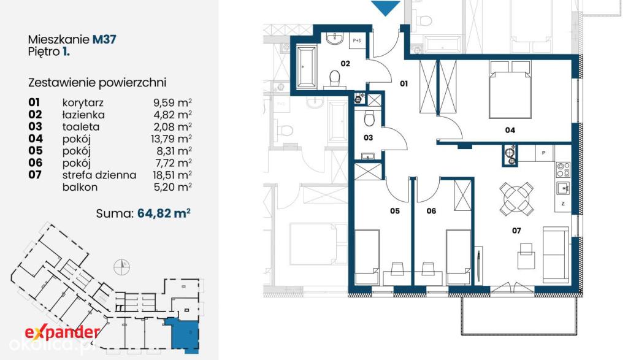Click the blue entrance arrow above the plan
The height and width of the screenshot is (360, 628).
pos(386,7)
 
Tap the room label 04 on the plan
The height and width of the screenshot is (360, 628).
pos(510,130)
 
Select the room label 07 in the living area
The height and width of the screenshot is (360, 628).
pos(516,231)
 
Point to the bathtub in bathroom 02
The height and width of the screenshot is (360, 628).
pos(307,67)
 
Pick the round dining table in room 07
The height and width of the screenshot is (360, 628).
pos(516,198)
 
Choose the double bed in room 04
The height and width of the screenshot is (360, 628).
pos(510,90)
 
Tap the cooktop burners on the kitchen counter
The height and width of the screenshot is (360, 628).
pos(564,169)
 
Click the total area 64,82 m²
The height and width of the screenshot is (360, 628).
pos(163,213)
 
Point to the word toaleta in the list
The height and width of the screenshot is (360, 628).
pos(81,127)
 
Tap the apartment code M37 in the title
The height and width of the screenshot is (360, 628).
pos(104,39)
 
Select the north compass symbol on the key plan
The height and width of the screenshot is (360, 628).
pos(121,267)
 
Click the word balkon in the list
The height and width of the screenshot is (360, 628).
pos(80,187)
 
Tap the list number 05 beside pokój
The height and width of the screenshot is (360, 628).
pos(35,151)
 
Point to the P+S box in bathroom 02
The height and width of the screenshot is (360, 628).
pos(357,41)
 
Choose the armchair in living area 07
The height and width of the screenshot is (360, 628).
pos(526,256)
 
